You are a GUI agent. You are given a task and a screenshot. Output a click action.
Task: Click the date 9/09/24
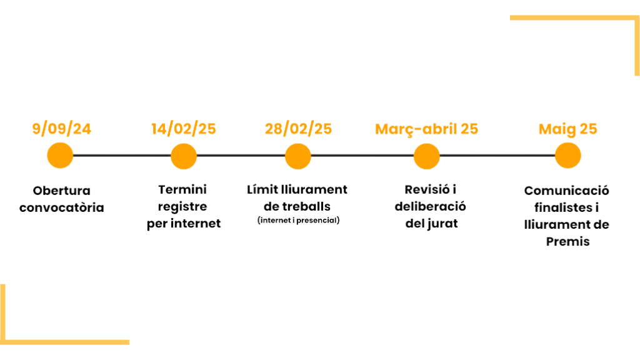tap(61, 129)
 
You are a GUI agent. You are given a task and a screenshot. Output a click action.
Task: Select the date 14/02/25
tap(183, 129)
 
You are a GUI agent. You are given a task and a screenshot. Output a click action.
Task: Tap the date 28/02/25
tap(298, 129)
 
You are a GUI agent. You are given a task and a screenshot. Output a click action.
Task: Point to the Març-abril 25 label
tap(426, 129)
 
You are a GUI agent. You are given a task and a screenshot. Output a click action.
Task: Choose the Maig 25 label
tap(567, 129)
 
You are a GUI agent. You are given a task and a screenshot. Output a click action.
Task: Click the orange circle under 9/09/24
tap(60, 156)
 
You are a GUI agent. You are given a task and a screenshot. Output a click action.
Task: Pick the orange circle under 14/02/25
tap(183, 156)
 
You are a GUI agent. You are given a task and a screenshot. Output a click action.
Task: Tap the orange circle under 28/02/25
tap(297, 156)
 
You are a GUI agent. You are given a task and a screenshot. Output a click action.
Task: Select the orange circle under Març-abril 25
tap(426, 156)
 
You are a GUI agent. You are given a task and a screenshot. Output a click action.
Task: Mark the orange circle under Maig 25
tap(567, 156)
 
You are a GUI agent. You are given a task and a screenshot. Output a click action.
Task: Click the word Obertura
tap(61, 190)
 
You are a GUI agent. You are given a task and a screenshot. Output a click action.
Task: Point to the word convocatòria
tap(61, 207)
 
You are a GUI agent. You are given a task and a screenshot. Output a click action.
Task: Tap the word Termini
tap(183, 189)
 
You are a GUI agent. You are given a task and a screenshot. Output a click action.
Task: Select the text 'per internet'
tap(183, 224)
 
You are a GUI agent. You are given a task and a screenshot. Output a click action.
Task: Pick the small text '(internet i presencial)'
tap(298, 221)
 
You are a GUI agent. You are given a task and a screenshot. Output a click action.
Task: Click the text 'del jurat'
tap(431, 224)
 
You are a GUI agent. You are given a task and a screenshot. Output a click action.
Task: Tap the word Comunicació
tap(567, 191)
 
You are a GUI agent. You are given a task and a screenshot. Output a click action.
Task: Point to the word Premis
tap(567, 241)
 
